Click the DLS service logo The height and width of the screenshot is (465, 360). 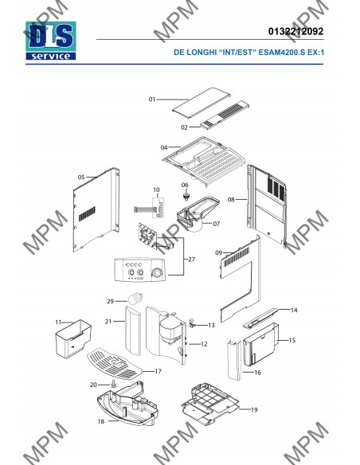click(x=51, y=41)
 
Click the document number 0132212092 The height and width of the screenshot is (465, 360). click(x=295, y=31)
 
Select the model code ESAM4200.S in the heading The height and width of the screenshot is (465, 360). click(x=282, y=53)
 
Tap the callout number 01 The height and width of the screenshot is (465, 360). click(x=152, y=100)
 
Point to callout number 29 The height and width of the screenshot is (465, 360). click(x=111, y=301)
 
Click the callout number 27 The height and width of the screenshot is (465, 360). click(x=192, y=260)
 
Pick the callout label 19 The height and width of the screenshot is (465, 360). click(x=254, y=410)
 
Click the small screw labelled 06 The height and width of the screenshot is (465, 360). click(x=186, y=197)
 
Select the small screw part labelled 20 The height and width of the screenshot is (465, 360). click(x=114, y=384)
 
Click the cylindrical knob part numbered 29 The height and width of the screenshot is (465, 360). click(x=135, y=298)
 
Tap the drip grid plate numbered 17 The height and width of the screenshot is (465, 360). click(x=115, y=363)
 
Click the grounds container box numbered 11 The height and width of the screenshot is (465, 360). click(x=73, y=338)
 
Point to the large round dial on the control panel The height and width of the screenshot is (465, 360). click(x=158, y=273)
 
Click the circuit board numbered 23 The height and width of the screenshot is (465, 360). click(x=147, y=235)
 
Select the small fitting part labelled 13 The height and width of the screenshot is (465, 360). click(x=192, y=323)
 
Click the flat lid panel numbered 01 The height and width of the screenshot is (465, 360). click(x=202, y=103)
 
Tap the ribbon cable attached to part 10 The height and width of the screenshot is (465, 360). click(x=143, y=209)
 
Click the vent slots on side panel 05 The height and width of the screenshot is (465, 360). click(x=87, y=214)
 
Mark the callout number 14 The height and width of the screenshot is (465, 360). click(x=294, y=311)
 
